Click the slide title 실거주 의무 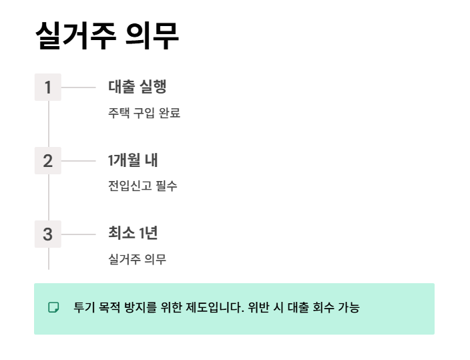tap(107, 36)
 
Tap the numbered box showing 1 tap(47, 87)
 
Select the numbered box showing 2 tap(47, 161)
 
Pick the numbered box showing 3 tap(47, 234)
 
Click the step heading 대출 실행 tap(137, 87)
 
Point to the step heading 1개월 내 tap(133, 160)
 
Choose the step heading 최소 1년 tap(133, 234)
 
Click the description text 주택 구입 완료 tap(144, 113)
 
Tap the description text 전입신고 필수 tap(143, 186)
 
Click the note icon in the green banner tap(54, 307)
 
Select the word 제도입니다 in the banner tap(216, 307)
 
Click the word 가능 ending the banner tap(350, 307)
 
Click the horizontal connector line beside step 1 tap(79, 87)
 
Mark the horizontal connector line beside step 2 tap(79, 161)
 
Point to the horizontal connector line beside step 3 tap(79, 234)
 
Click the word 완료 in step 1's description tap(170, 113)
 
